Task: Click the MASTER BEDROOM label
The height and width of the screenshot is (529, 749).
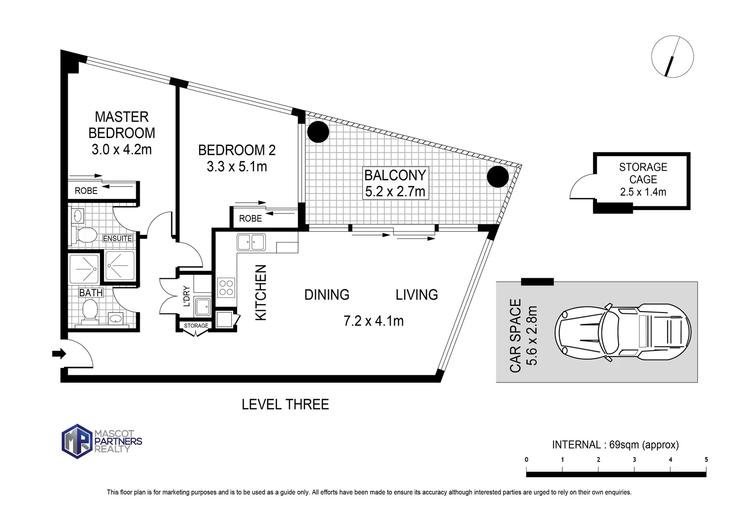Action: pos(122,125)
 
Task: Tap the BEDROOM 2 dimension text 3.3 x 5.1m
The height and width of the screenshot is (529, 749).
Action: pos(237,167)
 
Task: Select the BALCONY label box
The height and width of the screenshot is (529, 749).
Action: pos(395,183)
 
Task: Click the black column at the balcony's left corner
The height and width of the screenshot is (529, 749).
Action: pos(318,132)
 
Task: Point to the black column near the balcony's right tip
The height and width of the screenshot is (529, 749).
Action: pos(498,176)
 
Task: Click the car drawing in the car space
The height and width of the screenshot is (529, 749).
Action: pos(623,332)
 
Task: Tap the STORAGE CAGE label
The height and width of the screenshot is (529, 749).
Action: pos(643,173)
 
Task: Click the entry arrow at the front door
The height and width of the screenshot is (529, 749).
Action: pos(59,354)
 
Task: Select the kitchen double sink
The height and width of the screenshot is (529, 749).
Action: pos(251,242)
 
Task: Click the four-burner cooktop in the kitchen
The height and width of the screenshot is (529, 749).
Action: pos(226,288)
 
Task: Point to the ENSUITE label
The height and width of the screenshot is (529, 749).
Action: pos(117,239)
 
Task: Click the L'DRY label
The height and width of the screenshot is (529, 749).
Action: pos(187,296)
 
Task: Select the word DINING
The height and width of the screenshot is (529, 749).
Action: pos(326,295)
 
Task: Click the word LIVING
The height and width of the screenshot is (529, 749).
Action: pos(417,295)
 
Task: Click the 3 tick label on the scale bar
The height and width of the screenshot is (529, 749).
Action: pos(634,459)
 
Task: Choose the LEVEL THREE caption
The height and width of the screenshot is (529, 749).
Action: pos(285,405)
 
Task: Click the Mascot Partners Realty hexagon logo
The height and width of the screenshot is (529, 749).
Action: pos(77,441)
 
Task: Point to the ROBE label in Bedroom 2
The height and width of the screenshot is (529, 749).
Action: pos(250,218)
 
